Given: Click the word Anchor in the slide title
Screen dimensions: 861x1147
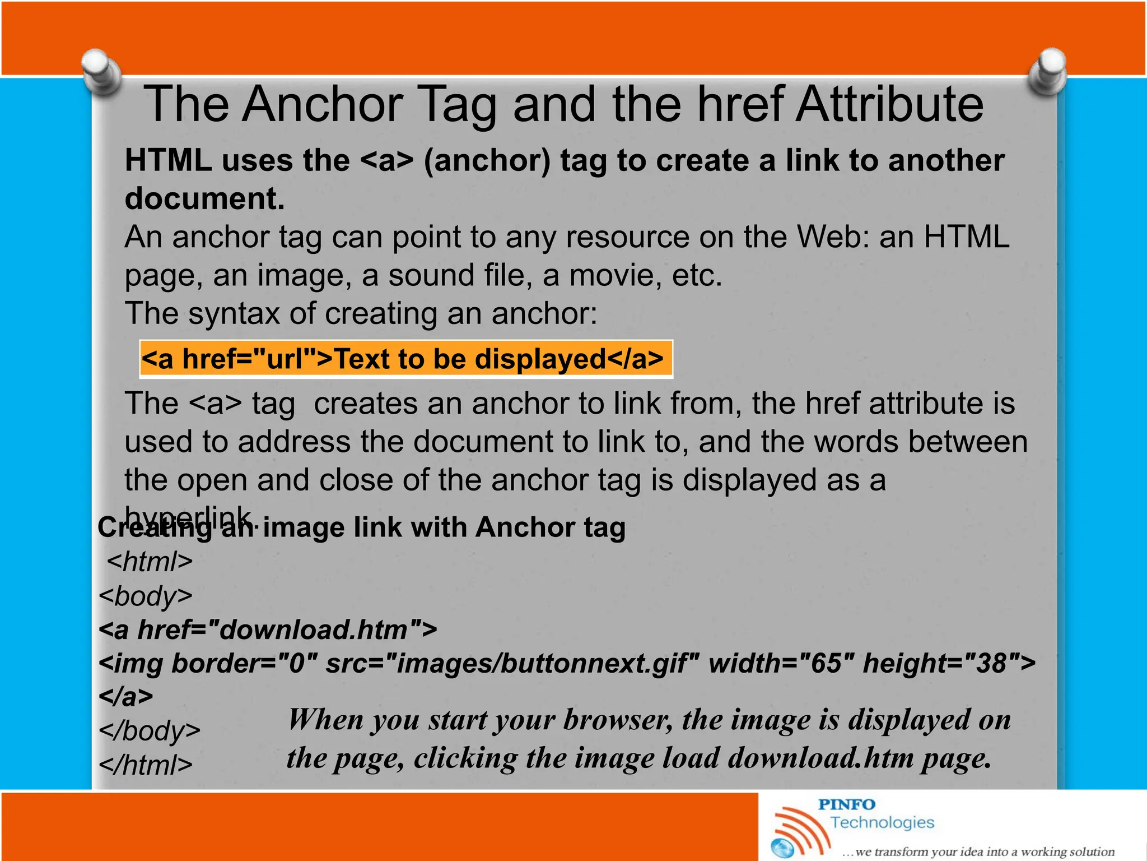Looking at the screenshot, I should [x=322, y=104].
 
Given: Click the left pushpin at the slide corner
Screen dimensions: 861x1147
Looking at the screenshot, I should [x=101, y=72].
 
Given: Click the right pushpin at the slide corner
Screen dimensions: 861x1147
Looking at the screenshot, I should [x=1048, y=72].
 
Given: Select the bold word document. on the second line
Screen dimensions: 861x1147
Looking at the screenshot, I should [x=204, y=199].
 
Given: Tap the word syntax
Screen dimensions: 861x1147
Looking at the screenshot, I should [x=234, y=313].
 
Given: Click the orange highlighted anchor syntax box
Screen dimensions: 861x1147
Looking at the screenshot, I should [x=405, y=359].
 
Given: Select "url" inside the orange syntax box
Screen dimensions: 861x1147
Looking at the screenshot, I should [x=291, y=359].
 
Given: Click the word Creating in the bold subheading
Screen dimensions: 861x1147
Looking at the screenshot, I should [x=154, y=528].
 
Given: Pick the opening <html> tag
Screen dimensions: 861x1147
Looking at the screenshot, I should [x=150, y=562].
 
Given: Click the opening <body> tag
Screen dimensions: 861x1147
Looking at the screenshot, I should [x=145, y=596].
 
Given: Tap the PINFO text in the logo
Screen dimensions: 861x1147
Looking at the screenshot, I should [x=846, y=805].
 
